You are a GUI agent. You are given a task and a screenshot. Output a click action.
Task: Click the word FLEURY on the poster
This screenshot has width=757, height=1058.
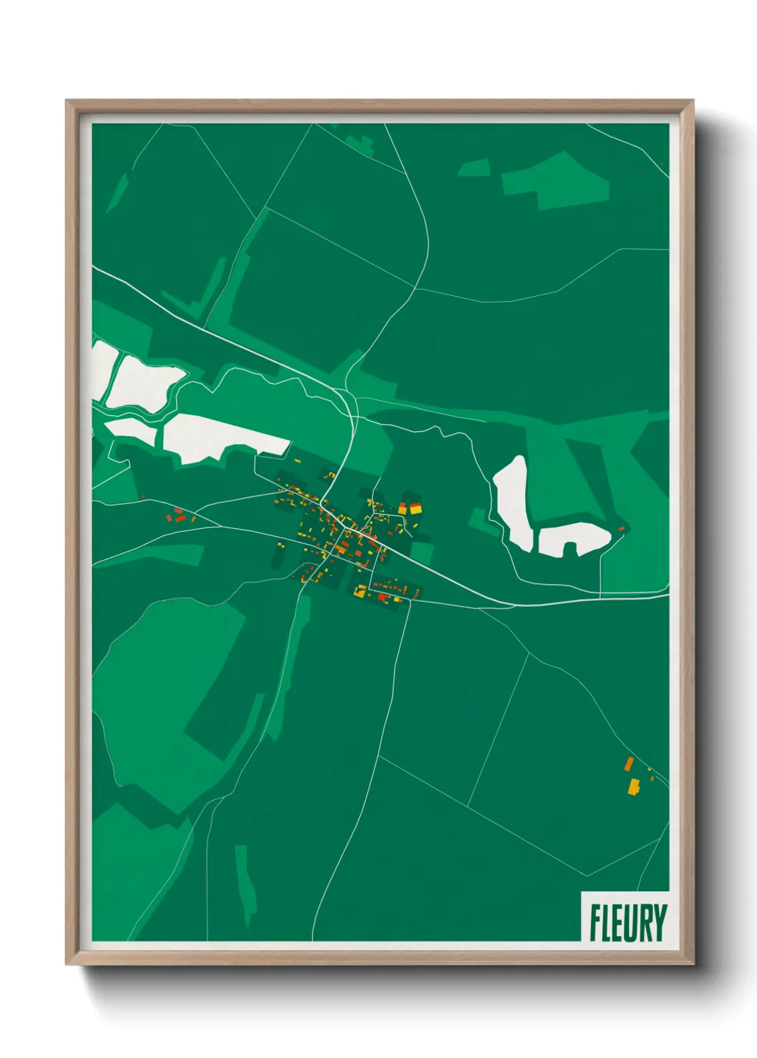point(628,923)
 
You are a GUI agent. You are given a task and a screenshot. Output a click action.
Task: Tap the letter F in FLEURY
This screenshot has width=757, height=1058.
point(595,923)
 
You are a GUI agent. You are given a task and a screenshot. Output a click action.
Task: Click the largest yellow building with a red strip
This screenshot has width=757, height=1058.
point(415,508)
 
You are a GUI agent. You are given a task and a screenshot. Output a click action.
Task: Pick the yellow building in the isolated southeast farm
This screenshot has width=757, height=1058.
point(633,786)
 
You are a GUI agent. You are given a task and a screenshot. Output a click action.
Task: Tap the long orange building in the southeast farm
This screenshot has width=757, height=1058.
point(629,763)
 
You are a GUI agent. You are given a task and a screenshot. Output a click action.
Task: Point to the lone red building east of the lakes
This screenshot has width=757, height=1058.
point(621,529)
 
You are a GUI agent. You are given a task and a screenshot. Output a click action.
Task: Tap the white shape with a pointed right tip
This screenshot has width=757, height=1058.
point(143,382)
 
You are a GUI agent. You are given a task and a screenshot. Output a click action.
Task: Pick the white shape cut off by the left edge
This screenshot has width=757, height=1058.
point(100,368)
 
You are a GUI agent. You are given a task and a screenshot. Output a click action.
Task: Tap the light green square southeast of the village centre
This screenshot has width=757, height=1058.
point(422,553)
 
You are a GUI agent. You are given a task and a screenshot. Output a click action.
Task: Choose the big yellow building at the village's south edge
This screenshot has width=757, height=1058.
point(361,591)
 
